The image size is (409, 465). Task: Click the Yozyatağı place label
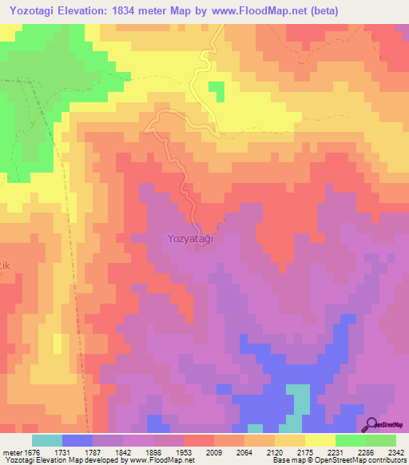coord(191,238)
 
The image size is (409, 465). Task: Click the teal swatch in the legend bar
coord(47,440)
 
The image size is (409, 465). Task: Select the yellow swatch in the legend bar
coord(320,440)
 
